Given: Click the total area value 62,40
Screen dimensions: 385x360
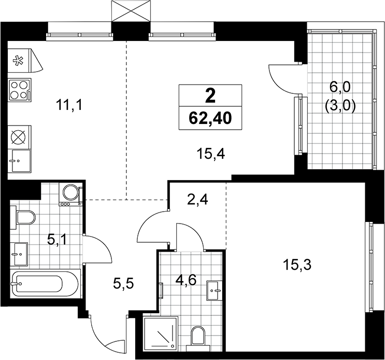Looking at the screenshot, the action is pyautogui.click(x=210, y=118).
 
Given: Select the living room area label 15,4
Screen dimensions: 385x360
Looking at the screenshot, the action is pyautogui.click(x=211, y=154).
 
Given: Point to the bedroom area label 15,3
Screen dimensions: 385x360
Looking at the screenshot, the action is pyautogui.click(x=297, y=265).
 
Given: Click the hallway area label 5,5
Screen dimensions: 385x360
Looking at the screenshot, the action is pyautogui.click(x=123, y=284).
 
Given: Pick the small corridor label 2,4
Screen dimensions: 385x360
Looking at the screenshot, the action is pyautogui.click(x=197, y=200).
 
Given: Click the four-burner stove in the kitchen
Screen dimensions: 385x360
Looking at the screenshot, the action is pyautogui.click(x=20, y=90).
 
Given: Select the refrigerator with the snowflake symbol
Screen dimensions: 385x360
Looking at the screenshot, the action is pyautogui.click(x=24, y=61).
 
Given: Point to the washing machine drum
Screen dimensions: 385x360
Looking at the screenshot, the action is pyautogui.click(x=71, y=192).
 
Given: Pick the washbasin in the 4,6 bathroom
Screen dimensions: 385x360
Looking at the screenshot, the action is pyautogui.click(x=215, y=290).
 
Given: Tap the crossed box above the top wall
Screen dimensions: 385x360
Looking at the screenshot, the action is pyautogui.click(x=131, y=11).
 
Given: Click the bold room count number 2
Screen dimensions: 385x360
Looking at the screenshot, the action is pyautogui.click(x=210, y=96).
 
